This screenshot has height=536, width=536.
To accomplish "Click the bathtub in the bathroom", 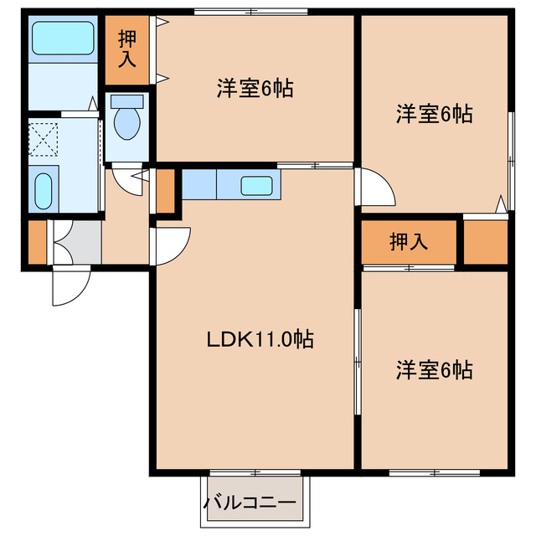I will pyautogui.click(x=62, y=39).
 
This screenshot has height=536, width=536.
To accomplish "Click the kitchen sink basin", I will pyautogui.click(x=255, y=185).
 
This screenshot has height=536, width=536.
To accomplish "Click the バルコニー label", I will pyautogui.click(x=250, y=503).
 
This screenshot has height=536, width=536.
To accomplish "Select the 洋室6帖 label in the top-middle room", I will pyautogui.click(x=255, y=90).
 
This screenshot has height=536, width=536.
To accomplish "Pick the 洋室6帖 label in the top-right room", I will pyautogui.click(x=434, y=114).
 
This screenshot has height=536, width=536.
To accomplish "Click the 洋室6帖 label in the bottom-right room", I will pyautogui.click(x=434, y=368).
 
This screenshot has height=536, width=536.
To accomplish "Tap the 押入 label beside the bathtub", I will pyautogui.click(x=127, y=49).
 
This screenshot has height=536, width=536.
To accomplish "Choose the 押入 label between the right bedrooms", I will pyautogui.click(x=409, y=242).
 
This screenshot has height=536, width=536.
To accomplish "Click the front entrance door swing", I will pyautogui.click(x=69, y=286).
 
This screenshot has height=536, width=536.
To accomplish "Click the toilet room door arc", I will pyautogui.click(x=129, y=180).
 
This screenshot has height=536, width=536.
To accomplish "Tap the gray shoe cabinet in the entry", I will pyautogui.click(x=75, y=242).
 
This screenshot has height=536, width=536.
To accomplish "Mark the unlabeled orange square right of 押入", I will pyautogui.click(x=486, y=243).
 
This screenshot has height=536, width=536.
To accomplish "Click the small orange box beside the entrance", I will pyautogui.click(x=36, y=242).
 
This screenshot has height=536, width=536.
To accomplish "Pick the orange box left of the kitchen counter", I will pyautogui.click(x=165, y=191).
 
